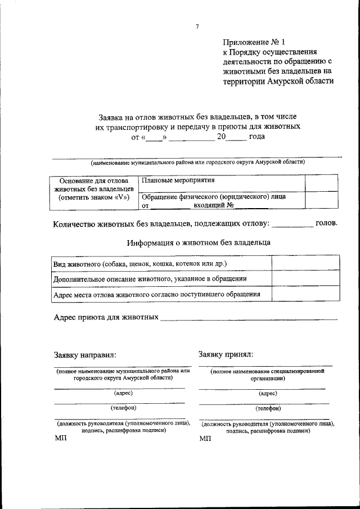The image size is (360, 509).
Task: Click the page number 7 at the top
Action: [x=197, y=26]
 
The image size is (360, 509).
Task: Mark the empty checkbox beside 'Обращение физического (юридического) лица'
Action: [x=321, y=201]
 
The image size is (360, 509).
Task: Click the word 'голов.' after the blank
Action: [x=326, y=223]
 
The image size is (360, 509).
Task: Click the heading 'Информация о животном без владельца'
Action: [x=198, y=243]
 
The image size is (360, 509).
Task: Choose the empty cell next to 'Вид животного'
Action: [x=305, y=263]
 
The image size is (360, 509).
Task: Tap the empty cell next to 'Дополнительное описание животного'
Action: [x=305, y=278]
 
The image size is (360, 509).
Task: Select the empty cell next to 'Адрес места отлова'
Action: [x=305, y=294]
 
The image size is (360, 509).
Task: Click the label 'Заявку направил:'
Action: [x=84, y=355]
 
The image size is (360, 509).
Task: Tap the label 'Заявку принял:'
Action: [x=226, y=354]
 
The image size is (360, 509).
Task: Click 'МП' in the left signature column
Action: [x=61, y=438]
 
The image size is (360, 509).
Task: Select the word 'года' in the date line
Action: [x=256, y=136]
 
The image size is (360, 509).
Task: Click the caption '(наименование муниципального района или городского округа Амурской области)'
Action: [x=198, y=163]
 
